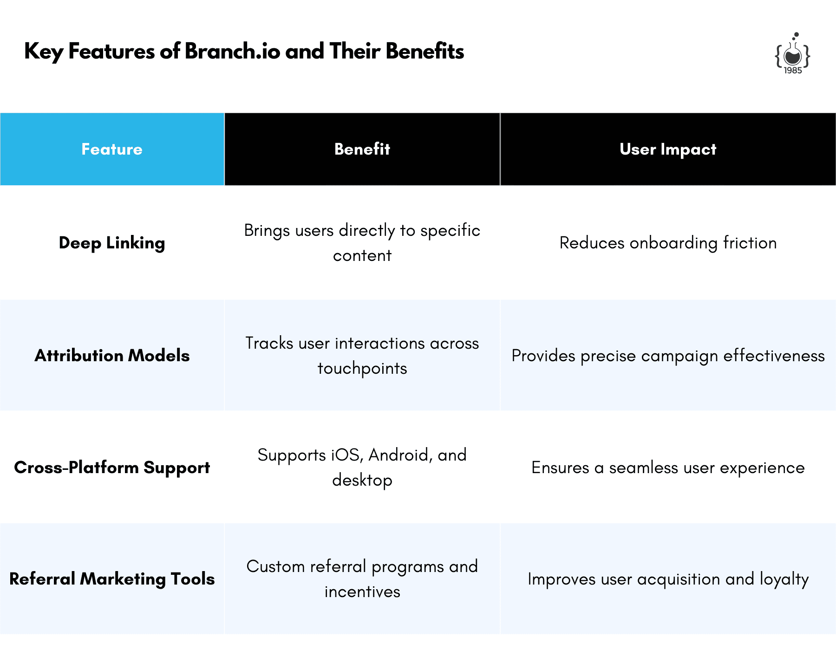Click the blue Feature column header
[x=112, y=149]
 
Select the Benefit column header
[x=362, y=149]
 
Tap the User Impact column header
[x=668, y=149]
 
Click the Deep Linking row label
[x=112, y=243]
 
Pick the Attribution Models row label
[x=112, y=356]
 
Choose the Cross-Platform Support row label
[x=112, y=468]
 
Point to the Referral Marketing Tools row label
[x=112, y=579]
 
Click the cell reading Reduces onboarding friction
[x=668, y=243]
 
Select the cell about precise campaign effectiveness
[x=668, y=356]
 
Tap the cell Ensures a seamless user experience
[x=668, y=468]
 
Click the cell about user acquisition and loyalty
[x=668, y=579]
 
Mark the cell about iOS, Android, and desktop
[x=362, y=468]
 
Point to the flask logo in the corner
[x=792, y=53]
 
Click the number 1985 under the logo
[x=793, y=71]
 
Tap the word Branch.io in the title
[x=232, y=51]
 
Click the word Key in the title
[x=44, y=52]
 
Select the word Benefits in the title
[x=425, y=51]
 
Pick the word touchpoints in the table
[x=362, y=369]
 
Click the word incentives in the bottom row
[x=362, y=592]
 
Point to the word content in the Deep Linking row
[x=362, y=256]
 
